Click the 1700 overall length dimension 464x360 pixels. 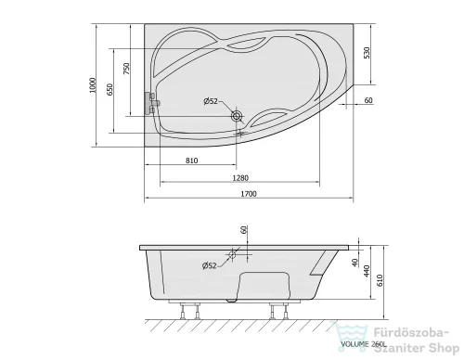point(249,194)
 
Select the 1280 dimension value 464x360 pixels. point(240,178)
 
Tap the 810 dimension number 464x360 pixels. point(191,161)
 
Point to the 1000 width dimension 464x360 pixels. point(93,85)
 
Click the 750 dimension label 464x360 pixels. point(126,69)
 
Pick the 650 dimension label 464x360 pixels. point(110,89)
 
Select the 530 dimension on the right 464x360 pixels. point(367,53)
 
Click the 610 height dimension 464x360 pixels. point(380,280)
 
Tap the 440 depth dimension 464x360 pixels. point(367,271)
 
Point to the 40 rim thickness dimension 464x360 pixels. point(354,263)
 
